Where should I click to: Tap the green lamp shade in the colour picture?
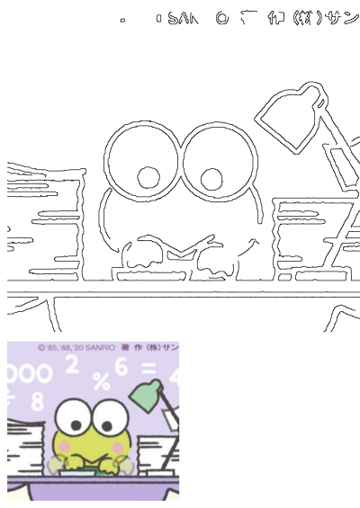146,393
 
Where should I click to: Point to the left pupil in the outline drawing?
147,176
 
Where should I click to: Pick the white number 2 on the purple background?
72,363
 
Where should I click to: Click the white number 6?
121,366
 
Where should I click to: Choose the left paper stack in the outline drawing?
45,225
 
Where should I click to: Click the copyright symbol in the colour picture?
41,346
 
